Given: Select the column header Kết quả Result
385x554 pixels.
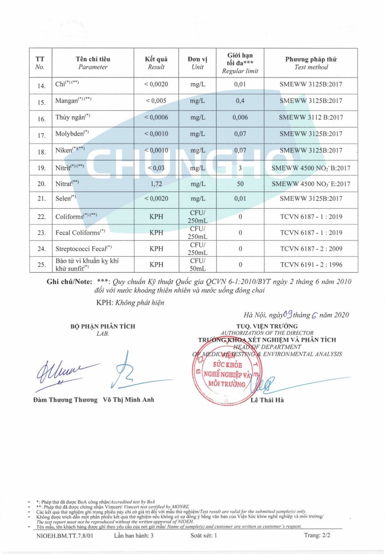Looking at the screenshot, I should point(156,63).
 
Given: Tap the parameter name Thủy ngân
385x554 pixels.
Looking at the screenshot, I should point(72,118).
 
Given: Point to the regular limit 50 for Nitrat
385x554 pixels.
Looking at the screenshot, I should point(240,184).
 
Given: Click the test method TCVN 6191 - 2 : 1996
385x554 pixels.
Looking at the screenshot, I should point(311,265).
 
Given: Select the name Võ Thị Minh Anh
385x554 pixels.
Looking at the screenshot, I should point(129,400).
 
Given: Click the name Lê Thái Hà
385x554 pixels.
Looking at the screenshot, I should point(267,400).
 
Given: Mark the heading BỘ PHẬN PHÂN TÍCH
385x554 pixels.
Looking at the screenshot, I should point(103,326).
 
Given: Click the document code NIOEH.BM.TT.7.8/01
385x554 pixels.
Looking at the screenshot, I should point(65,536).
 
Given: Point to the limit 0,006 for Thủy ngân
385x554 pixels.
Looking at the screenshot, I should point(240,118).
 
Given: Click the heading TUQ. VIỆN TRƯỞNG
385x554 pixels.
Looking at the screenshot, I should point(266,326).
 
